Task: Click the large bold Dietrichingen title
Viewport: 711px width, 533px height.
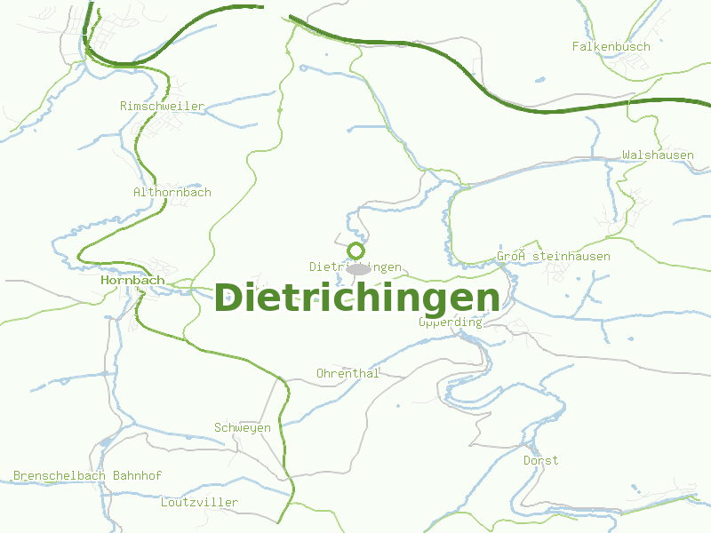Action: point(357,298)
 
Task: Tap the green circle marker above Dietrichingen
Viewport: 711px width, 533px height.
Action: point(356,251)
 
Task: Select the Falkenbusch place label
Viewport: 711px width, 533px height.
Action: point(611,46)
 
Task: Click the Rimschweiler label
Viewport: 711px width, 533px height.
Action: point(162,106)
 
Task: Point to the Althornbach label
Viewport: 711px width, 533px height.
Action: point(172,192)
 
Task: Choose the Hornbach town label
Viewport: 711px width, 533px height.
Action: point(133,280)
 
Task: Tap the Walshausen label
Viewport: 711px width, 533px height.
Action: point(658,155)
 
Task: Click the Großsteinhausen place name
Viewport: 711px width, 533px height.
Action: point(554,257)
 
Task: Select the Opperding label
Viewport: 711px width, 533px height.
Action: point(451,322)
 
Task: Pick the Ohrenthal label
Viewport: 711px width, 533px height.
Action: point(348,373)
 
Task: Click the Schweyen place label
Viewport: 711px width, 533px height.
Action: point(243,428)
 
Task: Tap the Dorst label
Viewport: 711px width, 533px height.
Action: point(540,460)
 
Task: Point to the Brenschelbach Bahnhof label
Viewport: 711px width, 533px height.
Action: point(87,475)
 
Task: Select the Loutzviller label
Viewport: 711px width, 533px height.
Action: point(200,502)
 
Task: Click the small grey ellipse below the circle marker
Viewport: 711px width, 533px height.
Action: point(358,268)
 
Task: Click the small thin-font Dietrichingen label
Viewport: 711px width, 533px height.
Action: point(355,266)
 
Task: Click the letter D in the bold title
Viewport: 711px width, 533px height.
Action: point(228,298)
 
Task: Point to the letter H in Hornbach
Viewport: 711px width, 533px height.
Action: point(106,280)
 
